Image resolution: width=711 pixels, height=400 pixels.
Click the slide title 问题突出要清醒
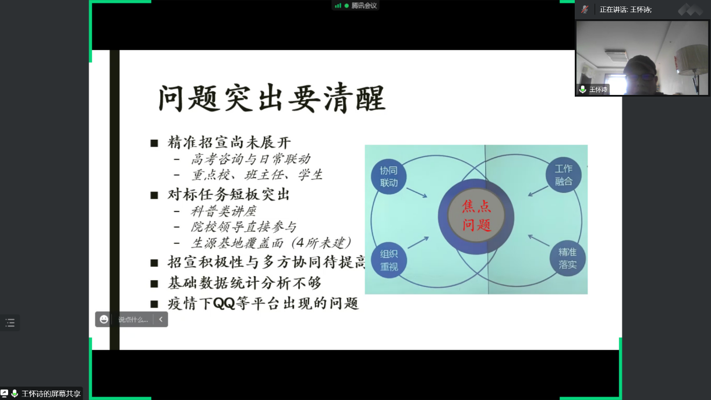pyautogui.click(x=272, y=98)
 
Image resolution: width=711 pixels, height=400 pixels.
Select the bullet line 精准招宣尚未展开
pyautogui.click(x=229, y=143)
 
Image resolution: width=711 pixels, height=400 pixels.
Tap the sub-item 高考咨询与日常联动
pyautogui.click(x=251, y=159)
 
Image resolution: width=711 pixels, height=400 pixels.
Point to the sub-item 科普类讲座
pyautogui.click(x=224, y=211)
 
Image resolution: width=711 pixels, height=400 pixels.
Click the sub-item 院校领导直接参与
pyautogui.click(x=243, y=227)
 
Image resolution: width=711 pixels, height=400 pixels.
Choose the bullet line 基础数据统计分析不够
pyautogui.click(x=245, y=283)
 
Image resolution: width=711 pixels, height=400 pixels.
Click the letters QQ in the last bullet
pyautogui.click(x=224, y=303)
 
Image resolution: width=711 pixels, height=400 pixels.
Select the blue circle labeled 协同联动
pyautogui.click(x=388, y=176)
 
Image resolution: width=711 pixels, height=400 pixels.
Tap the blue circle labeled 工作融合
pyautogui.click(x=564, y=175)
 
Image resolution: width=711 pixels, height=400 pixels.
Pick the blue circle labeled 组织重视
pyautogui.click(x=389, y=260)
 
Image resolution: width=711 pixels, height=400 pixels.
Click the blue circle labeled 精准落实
pyautogui.click(x=567, y=258)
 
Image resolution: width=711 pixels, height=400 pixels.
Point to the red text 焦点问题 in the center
pyautogui.click(x=476, y=215)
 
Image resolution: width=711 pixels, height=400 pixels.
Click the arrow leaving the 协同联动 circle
pyautogui.click(x=417, y=193)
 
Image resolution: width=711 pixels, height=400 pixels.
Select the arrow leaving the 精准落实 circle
pyautogui.click(x=538, y=240)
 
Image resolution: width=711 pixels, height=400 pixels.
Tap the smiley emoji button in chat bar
pyautogui.click(x=104, y=320)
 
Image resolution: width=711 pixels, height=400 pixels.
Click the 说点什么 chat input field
pyautogui.click(x=133, y=320)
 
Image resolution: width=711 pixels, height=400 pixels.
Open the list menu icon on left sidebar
pyautogui.click(x=10, y=323)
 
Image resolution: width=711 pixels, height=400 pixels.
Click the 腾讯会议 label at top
pyautogui.click(x=364, y=5)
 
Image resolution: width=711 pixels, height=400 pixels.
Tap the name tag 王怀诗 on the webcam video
pyautogui.click(x=598, y=90)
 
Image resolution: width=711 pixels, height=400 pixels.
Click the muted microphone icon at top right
pyautogui.click(x=585, y=9)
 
